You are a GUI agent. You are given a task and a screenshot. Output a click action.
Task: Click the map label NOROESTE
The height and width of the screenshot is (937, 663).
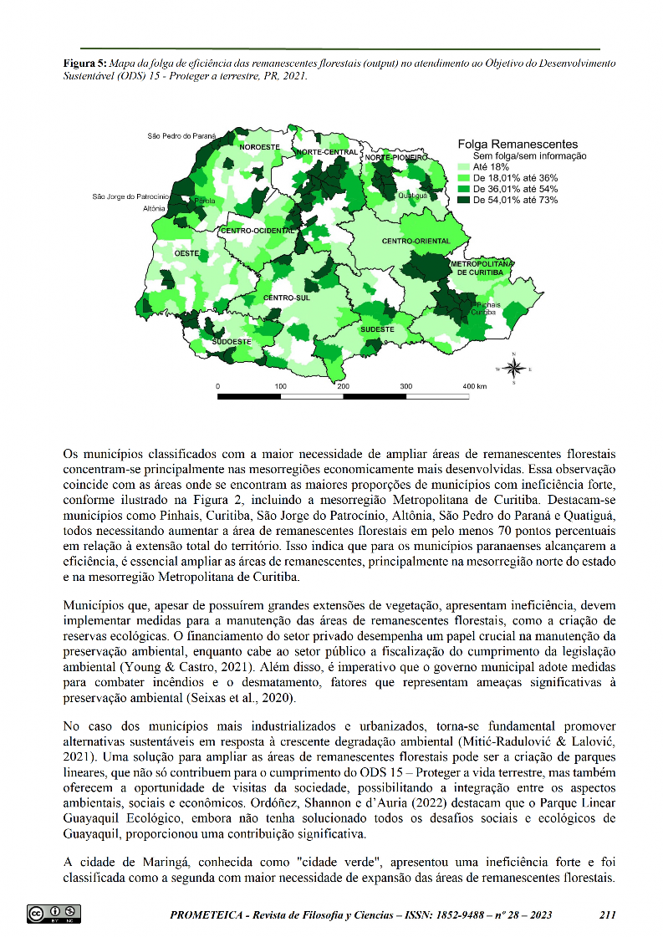click(259, 147)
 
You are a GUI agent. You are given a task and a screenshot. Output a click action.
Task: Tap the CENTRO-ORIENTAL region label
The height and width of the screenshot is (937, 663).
click(416, 242)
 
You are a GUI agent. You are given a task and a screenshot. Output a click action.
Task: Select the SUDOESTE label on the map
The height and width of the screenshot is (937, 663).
click(231, 342)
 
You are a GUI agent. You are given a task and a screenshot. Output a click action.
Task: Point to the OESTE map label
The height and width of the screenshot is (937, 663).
click(186, 252)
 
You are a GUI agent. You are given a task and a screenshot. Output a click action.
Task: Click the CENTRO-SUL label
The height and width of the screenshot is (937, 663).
click(286, 298)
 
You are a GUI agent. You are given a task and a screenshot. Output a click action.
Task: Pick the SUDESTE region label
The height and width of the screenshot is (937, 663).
click(377, 329)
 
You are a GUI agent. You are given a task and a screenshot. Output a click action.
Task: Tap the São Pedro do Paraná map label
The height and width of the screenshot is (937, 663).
click(181, 135)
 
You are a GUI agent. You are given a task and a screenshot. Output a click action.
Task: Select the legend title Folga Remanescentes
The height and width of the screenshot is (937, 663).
click(518, 145)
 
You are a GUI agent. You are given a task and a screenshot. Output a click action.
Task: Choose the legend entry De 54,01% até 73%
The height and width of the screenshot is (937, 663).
click(515, 200)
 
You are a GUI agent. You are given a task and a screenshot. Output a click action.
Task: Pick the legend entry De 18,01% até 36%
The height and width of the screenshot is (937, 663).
click(515, 178)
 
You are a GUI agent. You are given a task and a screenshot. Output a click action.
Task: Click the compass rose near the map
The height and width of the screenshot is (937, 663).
click(515, 368)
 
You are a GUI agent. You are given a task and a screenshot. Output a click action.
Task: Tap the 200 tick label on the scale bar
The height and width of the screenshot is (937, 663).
click(343, 387)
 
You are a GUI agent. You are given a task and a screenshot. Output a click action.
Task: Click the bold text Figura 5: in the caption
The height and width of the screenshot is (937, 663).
click(84, 64)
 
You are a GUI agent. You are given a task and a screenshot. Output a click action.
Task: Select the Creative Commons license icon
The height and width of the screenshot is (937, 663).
click(54, 914)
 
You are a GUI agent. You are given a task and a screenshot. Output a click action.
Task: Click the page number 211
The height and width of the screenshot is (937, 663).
click(608, 914)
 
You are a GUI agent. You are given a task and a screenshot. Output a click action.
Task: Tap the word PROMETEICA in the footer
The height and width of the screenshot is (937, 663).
click(209, 915)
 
